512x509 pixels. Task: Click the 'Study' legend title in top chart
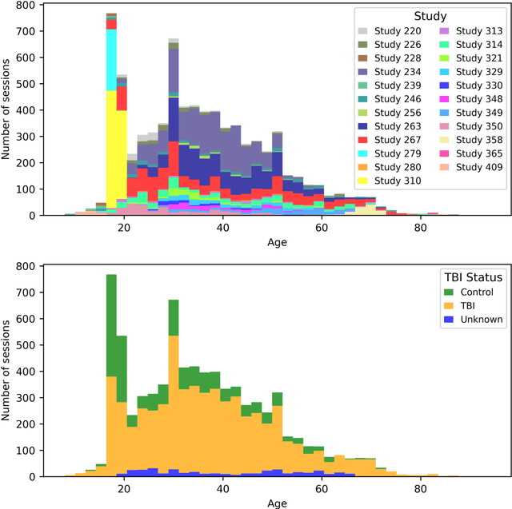click(430, 15)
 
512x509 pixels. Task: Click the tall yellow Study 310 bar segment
click(111, 144)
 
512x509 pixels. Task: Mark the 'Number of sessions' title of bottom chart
click(7, 372)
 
